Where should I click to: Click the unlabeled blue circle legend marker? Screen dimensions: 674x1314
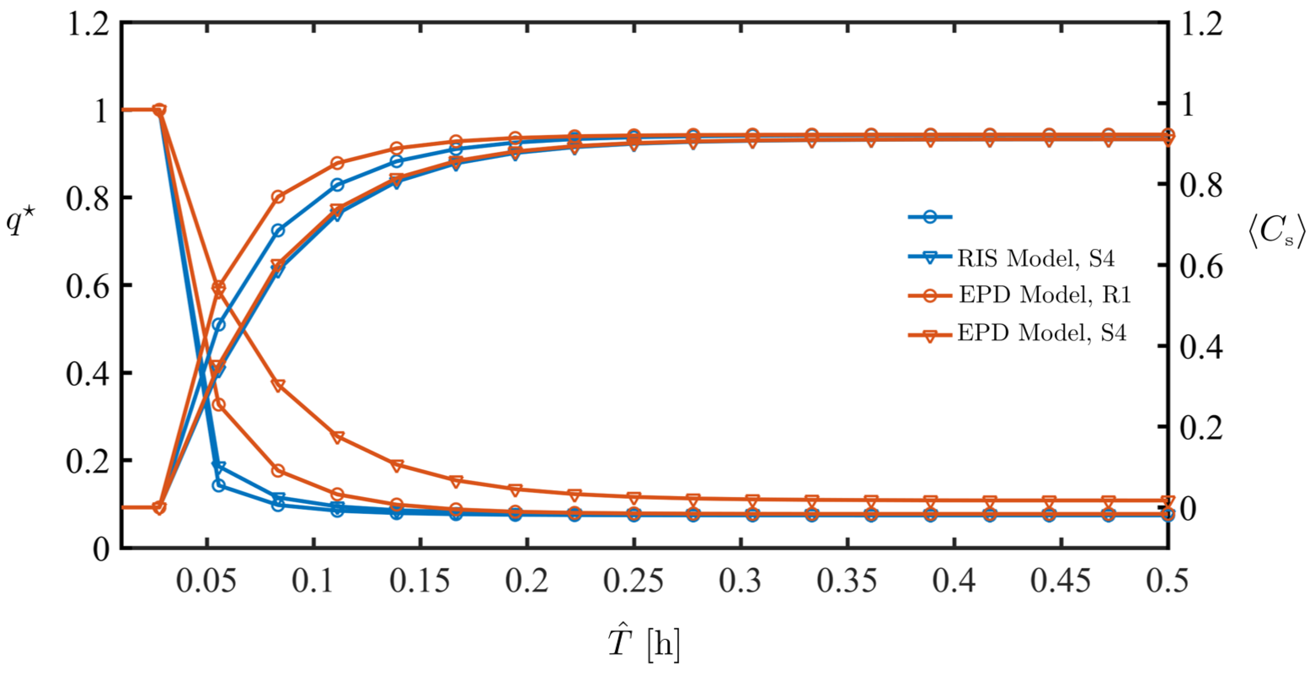[930, 217]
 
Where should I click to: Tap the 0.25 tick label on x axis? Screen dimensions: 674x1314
[634, 580]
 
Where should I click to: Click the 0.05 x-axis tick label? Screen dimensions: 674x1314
[206, 580]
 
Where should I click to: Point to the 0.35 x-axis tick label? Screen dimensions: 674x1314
[847, 580]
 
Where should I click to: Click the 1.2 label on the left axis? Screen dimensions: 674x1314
[88, 24]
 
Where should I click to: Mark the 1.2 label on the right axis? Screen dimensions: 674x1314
[1201, 24]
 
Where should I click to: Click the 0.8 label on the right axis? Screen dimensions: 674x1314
[1201, 185]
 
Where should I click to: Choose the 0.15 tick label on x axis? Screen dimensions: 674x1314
[420, 580]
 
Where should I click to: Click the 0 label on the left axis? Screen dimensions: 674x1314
[101, 549]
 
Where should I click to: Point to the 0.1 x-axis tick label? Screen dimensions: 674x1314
[313, 580]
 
